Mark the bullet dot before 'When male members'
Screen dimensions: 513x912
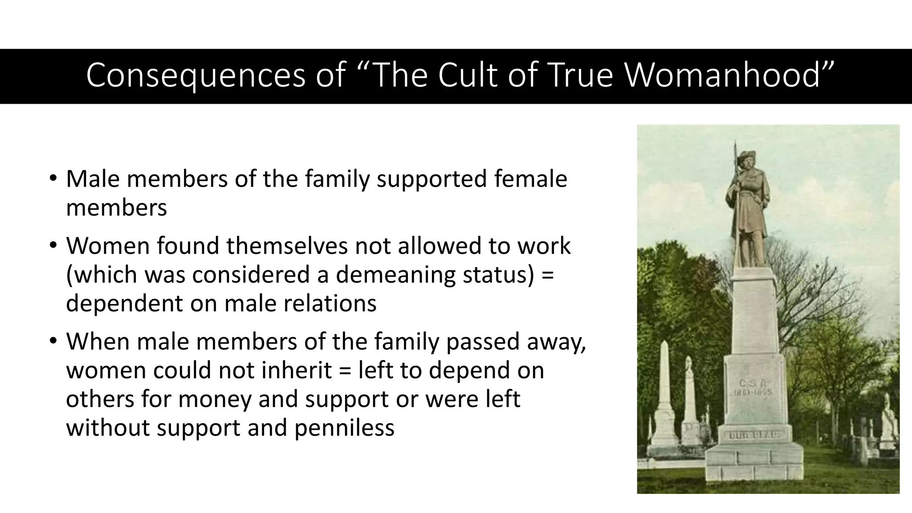(53, 342)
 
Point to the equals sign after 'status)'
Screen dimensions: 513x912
(548, 274)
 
